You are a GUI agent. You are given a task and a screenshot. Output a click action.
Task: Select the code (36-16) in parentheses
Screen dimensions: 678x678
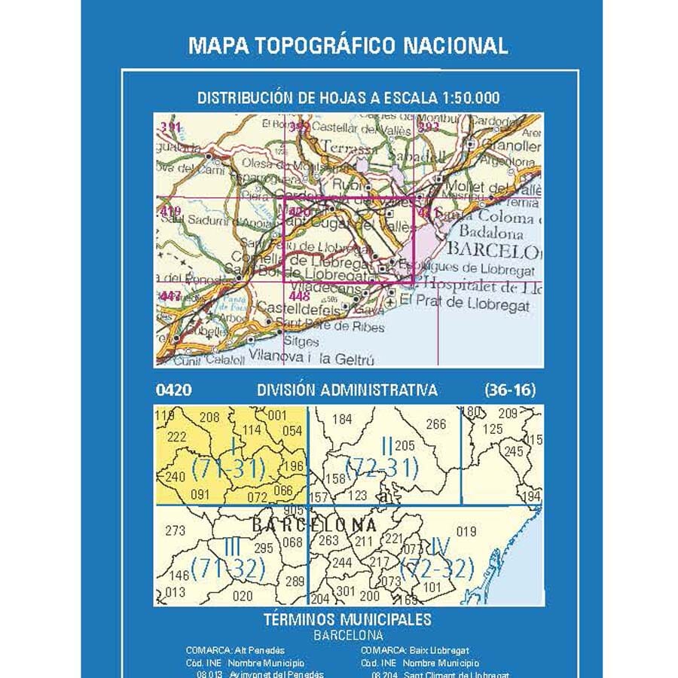510,390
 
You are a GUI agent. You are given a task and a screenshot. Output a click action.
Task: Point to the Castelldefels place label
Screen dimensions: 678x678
297,308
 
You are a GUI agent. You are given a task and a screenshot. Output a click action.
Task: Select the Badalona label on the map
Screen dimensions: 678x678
491,234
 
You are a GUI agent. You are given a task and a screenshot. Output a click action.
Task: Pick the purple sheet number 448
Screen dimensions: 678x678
299,296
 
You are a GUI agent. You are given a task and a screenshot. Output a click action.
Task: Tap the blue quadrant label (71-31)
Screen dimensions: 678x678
228,469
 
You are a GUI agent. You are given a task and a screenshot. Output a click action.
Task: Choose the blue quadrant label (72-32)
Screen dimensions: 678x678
438,568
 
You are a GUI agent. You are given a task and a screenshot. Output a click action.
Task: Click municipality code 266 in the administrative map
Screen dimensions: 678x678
436,424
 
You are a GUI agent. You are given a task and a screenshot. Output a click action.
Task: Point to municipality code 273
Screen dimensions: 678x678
175,530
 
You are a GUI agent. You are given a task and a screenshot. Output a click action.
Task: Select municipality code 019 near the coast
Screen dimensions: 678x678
466,532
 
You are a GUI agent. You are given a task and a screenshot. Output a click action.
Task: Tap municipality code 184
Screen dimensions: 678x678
342,420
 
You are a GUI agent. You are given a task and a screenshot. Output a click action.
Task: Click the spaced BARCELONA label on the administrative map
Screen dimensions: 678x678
313,525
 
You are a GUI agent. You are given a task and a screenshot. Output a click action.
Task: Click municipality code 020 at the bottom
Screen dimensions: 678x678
243,596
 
